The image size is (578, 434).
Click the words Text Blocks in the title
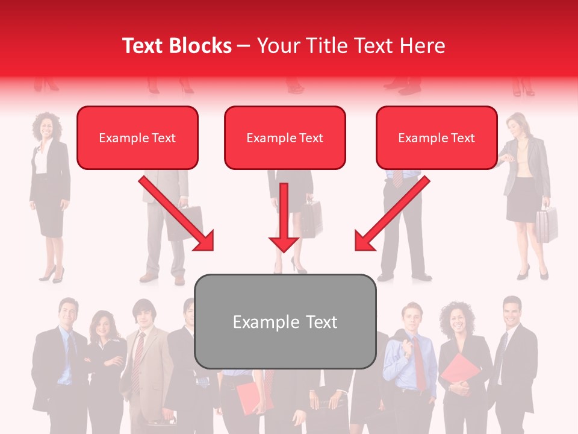coord(177,46)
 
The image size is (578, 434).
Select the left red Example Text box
coord(137,138)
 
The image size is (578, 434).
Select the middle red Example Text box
coord(285,138)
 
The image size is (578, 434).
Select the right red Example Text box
coord(437,138)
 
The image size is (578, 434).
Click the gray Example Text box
coord(285,322)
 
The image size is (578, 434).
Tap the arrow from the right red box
coord(392,214)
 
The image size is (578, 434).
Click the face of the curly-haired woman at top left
coord(47,125)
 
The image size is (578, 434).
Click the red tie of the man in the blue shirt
coord(419,362)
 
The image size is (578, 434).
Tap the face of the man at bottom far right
coord(512,311)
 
